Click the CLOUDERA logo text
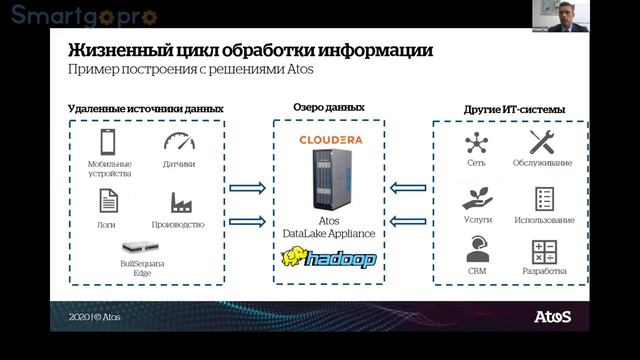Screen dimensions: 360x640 [x=330, y=139]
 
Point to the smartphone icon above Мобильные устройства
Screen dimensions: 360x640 [x=106, y=141]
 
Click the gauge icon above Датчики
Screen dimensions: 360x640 [x=179, y=141]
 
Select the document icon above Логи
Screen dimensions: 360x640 [x=106, y=201]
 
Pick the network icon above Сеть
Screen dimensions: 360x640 [x=476, y=141]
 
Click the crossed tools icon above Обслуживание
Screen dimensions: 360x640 [x=542, y=141]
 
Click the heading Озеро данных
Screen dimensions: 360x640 [x=329, y=106]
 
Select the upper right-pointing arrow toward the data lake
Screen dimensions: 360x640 [x=246, y=186]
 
